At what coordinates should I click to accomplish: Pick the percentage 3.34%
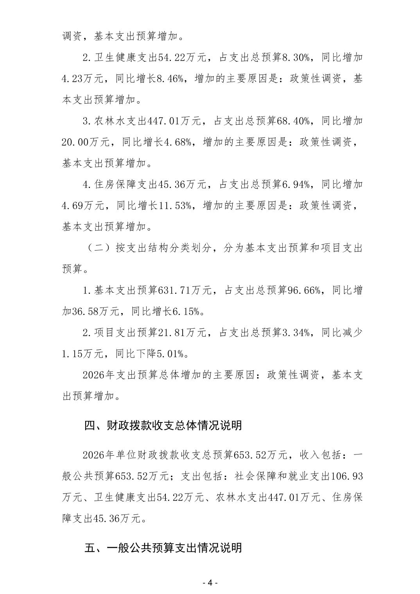[297, 333]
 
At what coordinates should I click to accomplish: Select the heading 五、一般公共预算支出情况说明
[163, 548]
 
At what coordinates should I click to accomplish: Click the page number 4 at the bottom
[210, 582]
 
